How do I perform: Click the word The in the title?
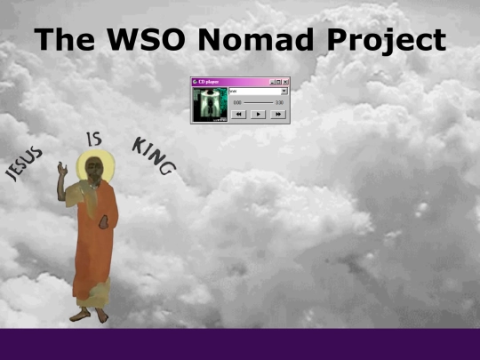coord(60,40)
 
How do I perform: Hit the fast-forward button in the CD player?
coord(278,114)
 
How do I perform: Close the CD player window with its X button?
coord(285,82)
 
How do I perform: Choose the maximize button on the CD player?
coord(278,82)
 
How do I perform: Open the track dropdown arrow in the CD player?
coord(284,91)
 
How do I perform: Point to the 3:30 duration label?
coord(279,103)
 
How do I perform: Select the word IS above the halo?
coord(93,139)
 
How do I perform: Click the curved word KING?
coord(154,155)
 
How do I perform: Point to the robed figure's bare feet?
coord(89,314)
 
